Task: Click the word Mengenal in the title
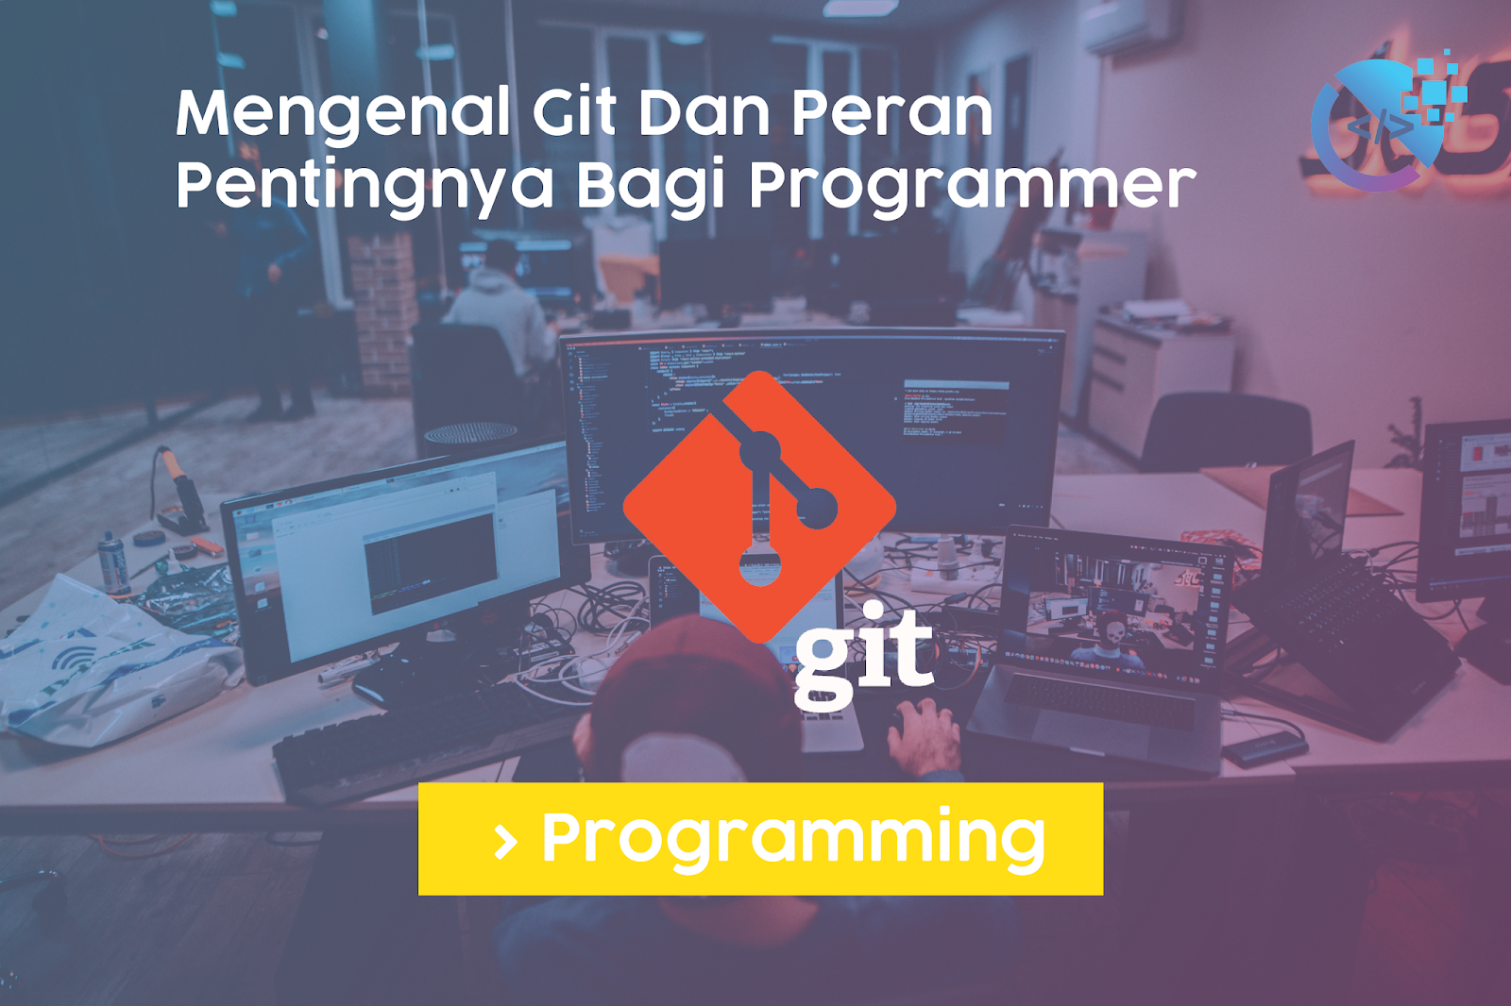tap(342, 114)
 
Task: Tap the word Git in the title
tap(574, 112)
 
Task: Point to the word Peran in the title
tap(891, 112)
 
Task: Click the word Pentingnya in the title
tap(365, 185)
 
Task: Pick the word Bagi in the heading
tap(650, 185)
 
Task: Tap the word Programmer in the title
tap(973, 185)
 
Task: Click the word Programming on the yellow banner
tap(793, 839)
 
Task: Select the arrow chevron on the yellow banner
tap(505, 841)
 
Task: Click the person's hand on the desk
tap(925, 736)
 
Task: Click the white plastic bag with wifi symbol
tap(104, 661)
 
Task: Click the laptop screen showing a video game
tap(1114, 604)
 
